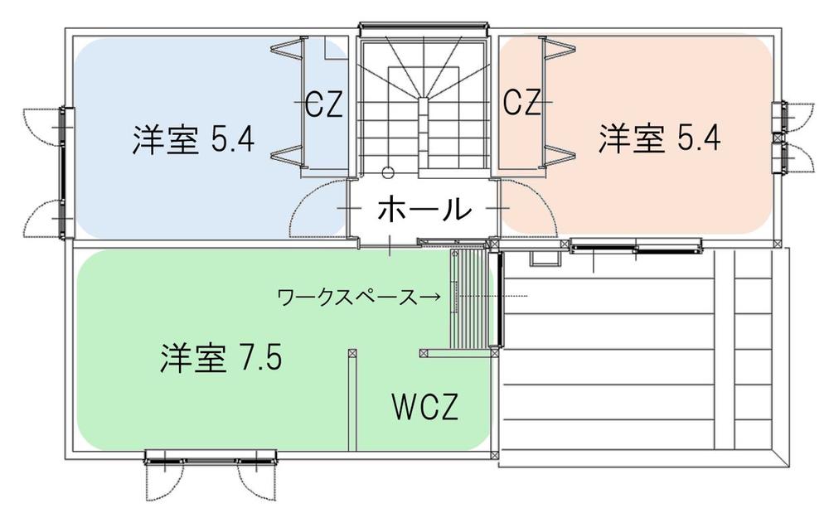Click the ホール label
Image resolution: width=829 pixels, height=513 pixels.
(424, 209)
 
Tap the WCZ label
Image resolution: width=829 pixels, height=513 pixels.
(424, 406)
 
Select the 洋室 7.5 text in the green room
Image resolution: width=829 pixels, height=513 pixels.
(221, 358)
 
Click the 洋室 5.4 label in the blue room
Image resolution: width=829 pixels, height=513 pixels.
(193, 139)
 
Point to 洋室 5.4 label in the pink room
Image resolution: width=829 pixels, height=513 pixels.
(659, 138)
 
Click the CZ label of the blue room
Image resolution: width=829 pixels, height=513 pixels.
(325, 104)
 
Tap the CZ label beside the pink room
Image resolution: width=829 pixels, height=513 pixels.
(521, 102)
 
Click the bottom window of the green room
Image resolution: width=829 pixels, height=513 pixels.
(211, 457)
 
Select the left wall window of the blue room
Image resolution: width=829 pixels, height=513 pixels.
(65, 173)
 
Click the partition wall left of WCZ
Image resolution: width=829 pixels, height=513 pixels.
(352, 399)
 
